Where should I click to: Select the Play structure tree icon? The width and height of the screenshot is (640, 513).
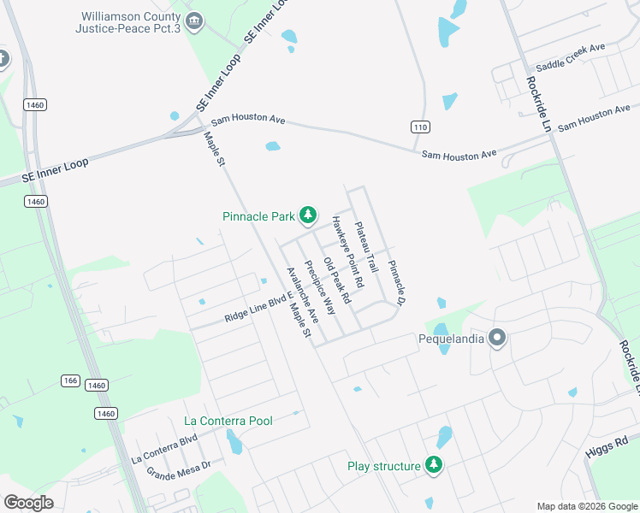coord(435,465)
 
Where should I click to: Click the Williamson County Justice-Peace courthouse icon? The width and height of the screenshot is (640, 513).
coord(194,21)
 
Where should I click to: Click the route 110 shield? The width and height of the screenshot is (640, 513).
coord(418,127)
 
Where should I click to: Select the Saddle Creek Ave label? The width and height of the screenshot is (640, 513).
coord(570,57)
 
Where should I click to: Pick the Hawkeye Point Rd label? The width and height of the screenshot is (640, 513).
coord(348,252)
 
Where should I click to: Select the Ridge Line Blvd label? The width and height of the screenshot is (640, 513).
coord(252,309)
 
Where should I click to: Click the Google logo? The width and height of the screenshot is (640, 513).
coord(28,503)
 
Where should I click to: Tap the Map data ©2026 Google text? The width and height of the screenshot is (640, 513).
coord(586,506)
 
